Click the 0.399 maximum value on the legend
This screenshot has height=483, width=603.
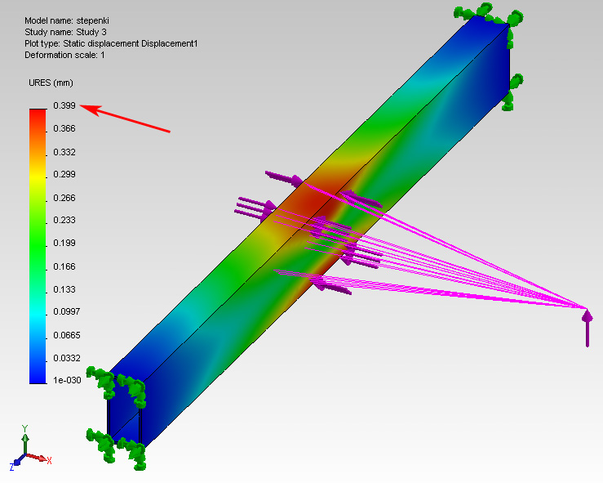64,105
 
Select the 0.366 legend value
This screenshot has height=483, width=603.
64,128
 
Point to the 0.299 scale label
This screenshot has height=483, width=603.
64,174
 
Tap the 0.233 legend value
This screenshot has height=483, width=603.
64,220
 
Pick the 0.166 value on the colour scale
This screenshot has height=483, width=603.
64,266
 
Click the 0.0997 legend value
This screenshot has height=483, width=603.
67,311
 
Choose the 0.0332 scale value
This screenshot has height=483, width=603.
67,358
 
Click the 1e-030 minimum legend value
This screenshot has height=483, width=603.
67,380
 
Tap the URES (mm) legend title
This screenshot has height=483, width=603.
51,83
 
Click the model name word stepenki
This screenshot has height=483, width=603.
93,20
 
